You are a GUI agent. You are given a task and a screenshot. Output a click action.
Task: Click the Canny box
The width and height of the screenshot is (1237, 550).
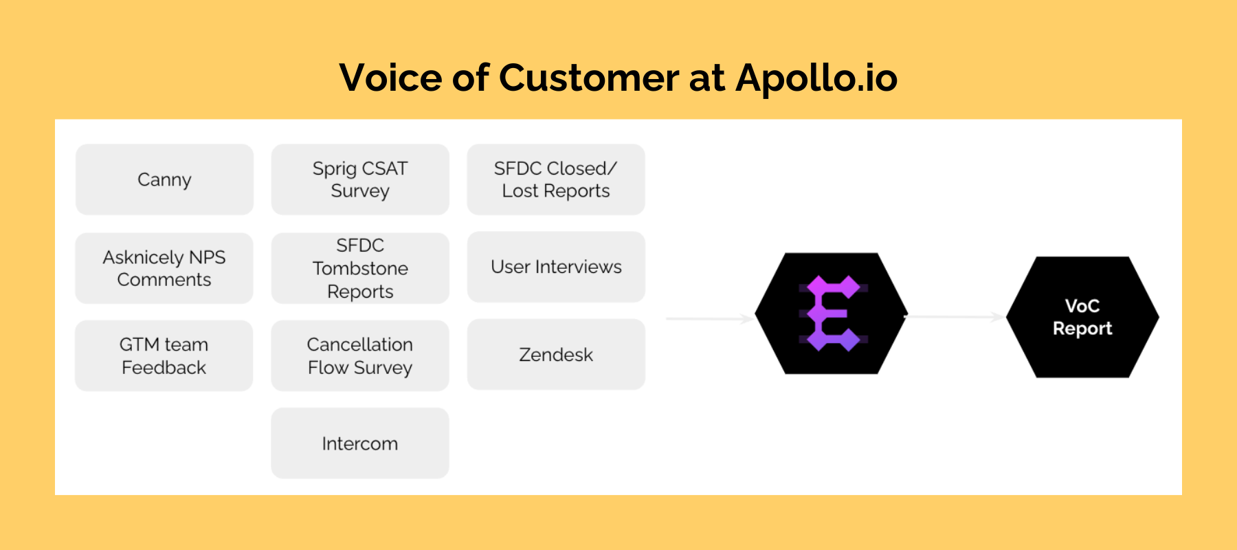pyautogui.click(x=164, y=179)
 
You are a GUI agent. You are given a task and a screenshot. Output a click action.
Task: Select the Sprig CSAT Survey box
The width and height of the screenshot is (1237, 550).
pyautogui.click(x=360, y=179)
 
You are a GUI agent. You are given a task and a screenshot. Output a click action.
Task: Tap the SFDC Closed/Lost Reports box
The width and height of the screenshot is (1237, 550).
pyautogui.click(x=556, y=179)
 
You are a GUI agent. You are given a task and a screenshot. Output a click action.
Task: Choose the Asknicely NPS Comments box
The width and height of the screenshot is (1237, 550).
pyautogui.click(x=164, y=268)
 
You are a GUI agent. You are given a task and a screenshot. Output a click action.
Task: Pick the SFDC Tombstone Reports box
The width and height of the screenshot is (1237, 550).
pyautogui.click(x=360, y=268)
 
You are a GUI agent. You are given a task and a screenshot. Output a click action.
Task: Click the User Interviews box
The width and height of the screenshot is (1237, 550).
pyautogui.click(x=556, y=267)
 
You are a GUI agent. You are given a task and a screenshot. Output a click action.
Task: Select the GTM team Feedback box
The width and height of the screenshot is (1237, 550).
pyautogui.click(x=164, y=355)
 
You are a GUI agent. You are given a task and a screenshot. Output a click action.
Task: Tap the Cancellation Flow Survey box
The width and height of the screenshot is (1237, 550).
pyautogui.click(x=360, y=355)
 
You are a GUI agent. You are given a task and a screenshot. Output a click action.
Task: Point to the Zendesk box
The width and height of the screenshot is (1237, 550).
pyautogui.click(x=556, y=355)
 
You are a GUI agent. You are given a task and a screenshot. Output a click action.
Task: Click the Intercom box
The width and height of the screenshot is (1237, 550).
pyautogui.click(x=360, y=443)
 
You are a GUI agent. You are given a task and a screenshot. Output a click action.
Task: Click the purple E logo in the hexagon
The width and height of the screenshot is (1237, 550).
pyautogui.click(x=832, y=313)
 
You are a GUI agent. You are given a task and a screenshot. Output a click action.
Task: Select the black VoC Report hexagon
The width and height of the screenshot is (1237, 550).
pyautogui.click(x=1082, y=317)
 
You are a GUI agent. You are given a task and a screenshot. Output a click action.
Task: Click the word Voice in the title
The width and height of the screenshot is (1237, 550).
pyautogui.click(x=390, y=77)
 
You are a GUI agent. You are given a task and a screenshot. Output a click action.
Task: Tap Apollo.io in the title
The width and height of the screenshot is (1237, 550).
pyautogui.click(x=816, y=77)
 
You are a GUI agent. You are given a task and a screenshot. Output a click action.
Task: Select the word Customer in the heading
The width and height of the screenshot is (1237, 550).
pyautogui.click(x=588, y=77)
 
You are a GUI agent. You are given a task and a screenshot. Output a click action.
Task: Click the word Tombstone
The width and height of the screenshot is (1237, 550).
pyautogui.click(x=360, y=268)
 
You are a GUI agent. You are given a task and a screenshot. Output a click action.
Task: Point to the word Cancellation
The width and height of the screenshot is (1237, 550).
pyautogui.click(x=360, y=344)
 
